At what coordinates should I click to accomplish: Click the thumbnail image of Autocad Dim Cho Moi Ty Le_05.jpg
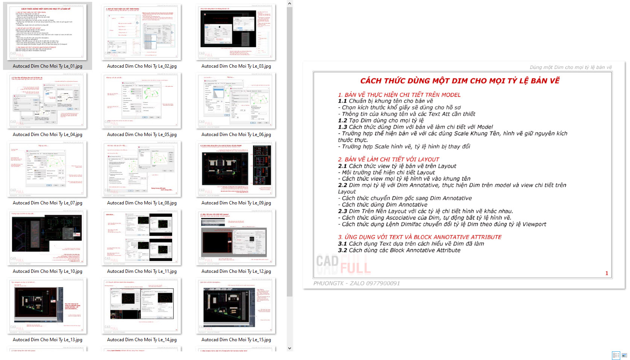pos(142,100)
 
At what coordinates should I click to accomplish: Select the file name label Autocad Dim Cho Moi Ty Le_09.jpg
pos(236,203)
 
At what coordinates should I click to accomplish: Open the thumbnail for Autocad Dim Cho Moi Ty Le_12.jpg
pos(236,237)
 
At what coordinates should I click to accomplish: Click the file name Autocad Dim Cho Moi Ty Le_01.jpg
pos(47,66)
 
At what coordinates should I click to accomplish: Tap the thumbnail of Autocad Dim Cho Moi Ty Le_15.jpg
pos(236,306)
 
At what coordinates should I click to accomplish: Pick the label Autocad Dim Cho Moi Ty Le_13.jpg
pos(47,340)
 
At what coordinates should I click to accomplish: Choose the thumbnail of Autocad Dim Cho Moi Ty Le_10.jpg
pos(47,237)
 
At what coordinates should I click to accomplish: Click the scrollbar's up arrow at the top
pos(289,3)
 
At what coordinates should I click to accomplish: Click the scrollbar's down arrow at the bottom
pos(289,348)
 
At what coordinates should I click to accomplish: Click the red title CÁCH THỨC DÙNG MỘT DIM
pos(460,81)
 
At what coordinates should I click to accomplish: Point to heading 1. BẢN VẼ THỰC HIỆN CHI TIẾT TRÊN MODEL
pos(399,95)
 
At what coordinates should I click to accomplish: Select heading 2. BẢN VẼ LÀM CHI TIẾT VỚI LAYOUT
pos(388,159)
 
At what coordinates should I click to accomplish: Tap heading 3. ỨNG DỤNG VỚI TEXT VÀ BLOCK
pos(419,237)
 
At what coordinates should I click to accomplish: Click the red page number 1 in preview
pos(606,273)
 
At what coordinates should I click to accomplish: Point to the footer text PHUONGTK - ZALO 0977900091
pos(356,283)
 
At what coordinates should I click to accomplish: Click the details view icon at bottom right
pos(616,355)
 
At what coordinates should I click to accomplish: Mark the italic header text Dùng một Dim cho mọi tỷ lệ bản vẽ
pos(571,67)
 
